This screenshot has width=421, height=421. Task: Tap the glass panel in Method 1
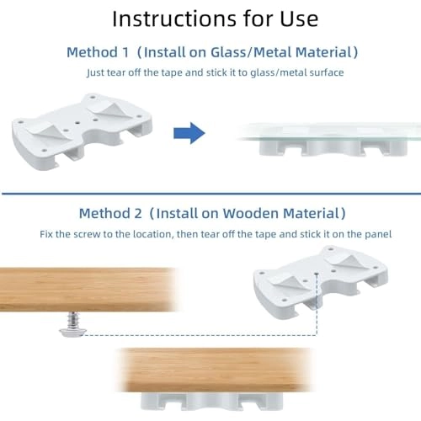click(328, 131)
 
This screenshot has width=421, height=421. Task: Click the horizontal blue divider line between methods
click(210, 194)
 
